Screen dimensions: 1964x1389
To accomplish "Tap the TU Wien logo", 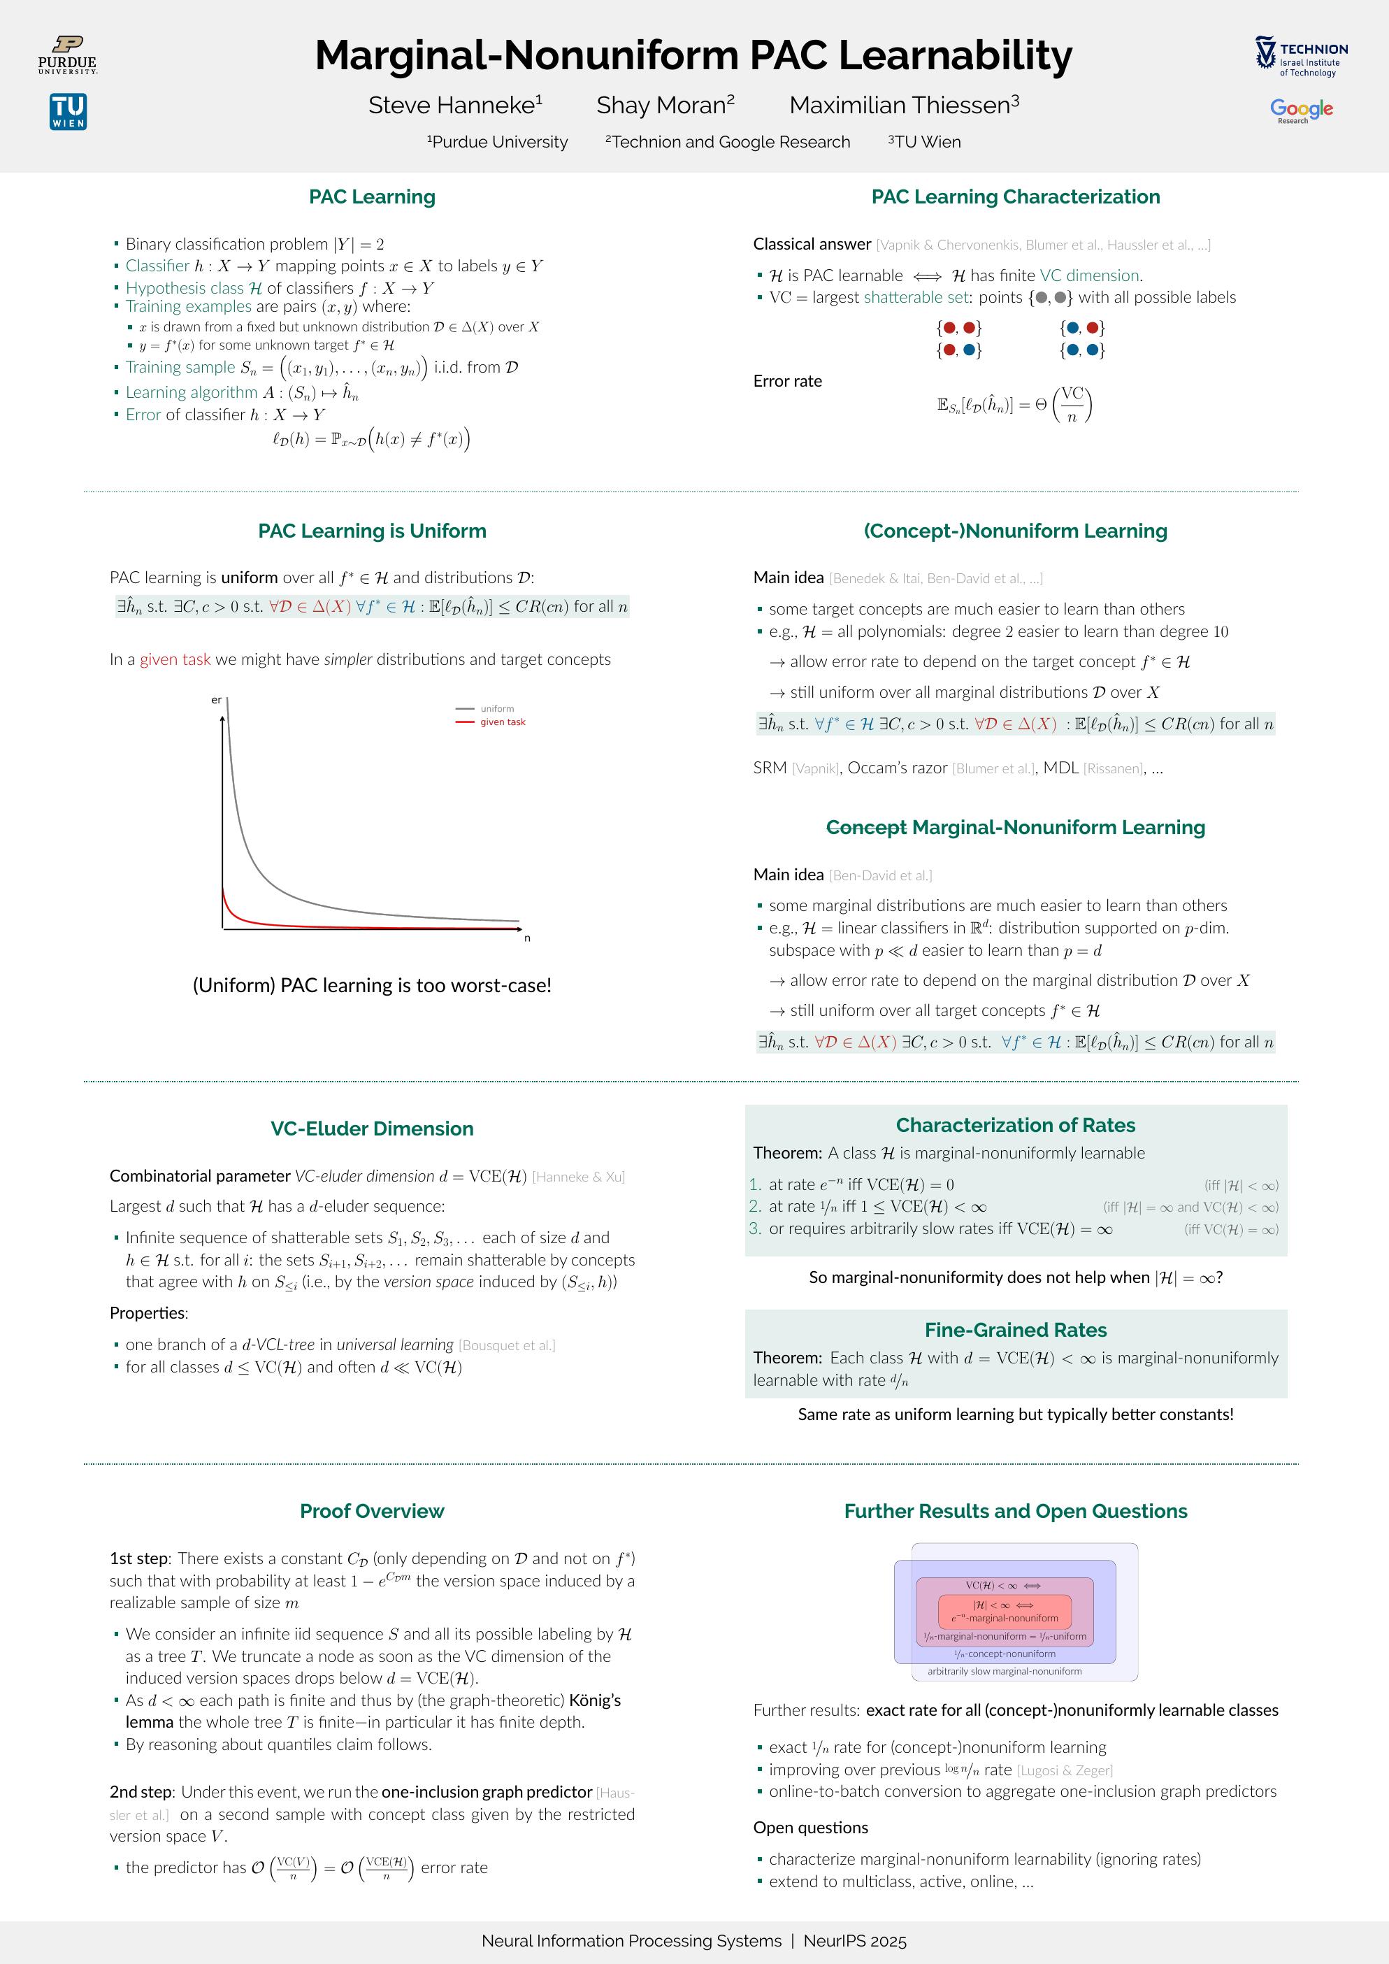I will [69, 112].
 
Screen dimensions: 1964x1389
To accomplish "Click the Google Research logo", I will [1301, 110].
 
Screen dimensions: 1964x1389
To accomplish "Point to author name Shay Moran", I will [665, 105].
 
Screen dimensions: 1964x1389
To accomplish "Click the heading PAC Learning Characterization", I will [1015, 196].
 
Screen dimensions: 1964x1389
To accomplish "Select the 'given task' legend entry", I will [502, 722].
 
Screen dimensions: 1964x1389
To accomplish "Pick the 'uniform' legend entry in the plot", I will [497, 708].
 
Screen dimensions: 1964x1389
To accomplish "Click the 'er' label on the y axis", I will [217, 700].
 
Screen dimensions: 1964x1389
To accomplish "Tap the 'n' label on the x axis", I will [527, 938].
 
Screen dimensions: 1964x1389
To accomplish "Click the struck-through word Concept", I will [865, 827].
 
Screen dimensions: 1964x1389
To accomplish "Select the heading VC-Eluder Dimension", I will [372, 1128].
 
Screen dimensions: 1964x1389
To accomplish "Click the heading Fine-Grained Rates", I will [1015, 1329].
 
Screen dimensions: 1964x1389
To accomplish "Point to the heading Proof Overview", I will [372, 1511].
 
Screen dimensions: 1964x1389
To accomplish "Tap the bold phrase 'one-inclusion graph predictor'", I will [487, 1791].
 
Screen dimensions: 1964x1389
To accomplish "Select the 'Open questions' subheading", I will [810, 1827].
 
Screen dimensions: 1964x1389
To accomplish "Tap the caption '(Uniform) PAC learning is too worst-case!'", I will [372, 985].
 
